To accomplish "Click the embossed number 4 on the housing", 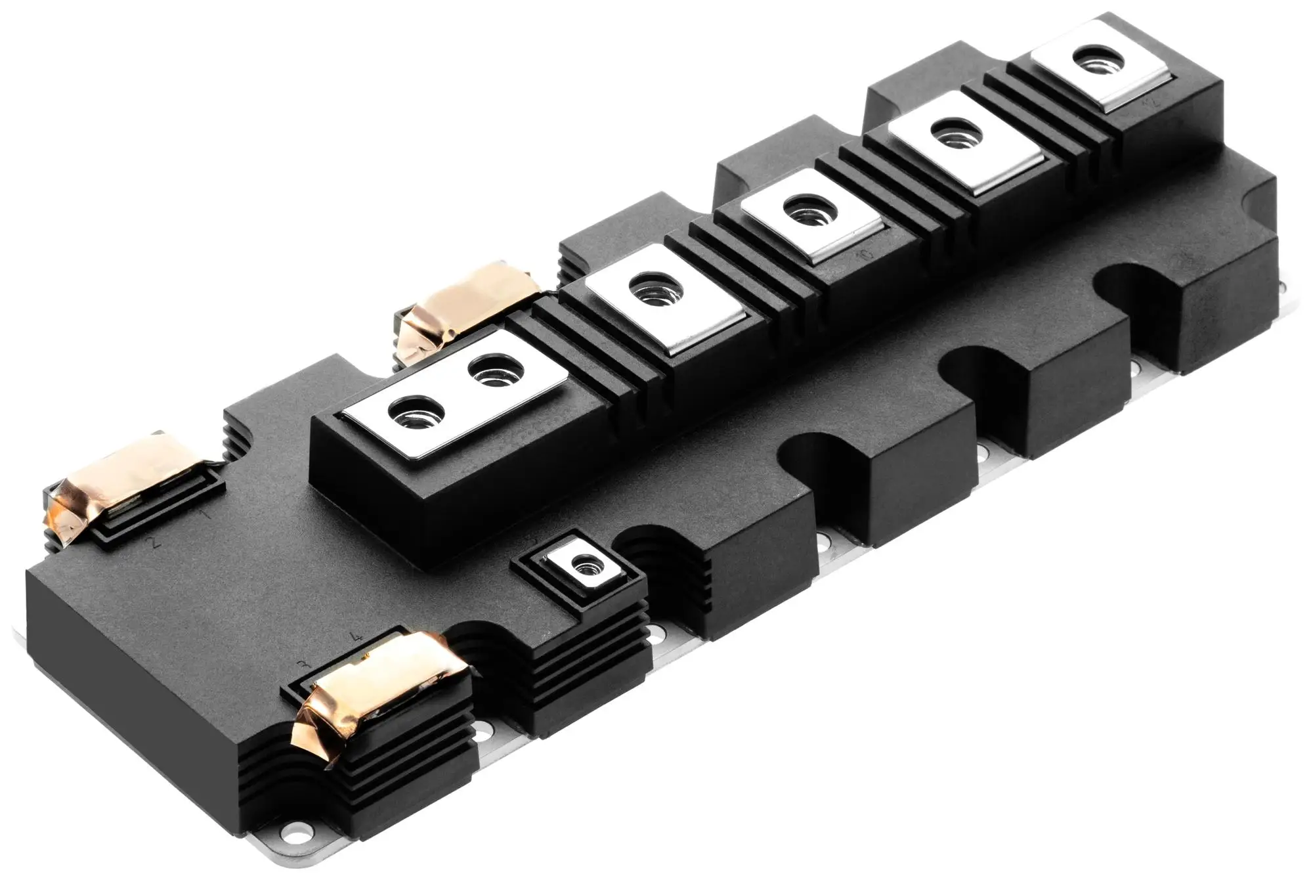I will (355, 637).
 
